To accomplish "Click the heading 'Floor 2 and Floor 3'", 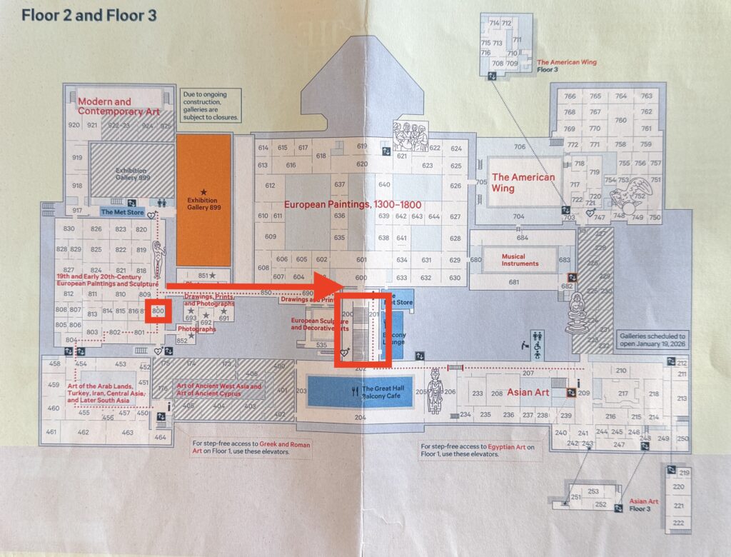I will pyautogui.click(x=89, y=15).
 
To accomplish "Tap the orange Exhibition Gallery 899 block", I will pyautogui.click(x=203, y=200).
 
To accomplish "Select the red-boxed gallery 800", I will pyautogui.click(x=158, y=311).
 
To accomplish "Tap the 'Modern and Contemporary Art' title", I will pyautogui.click(x=114, y=106).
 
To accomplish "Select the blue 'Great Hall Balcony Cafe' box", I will pyautogui.click(x=360, y=391).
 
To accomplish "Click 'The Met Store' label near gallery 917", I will pyautogui.click(x=123, y=211).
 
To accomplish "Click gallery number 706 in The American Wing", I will pyautogui.click(x=519, y=147).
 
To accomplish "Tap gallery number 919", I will pyautogui.click(x=76, y=158).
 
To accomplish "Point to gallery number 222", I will pyautogui.click(x=678, y=523).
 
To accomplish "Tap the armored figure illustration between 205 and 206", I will pyautogui.click(x=433, y=391).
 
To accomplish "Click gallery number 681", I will pyautogui.click(x=513, y=282).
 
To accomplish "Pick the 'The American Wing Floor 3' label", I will pyautogui.click(x=566, y=66).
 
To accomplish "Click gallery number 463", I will pyautogui.click(x=127, y=432).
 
